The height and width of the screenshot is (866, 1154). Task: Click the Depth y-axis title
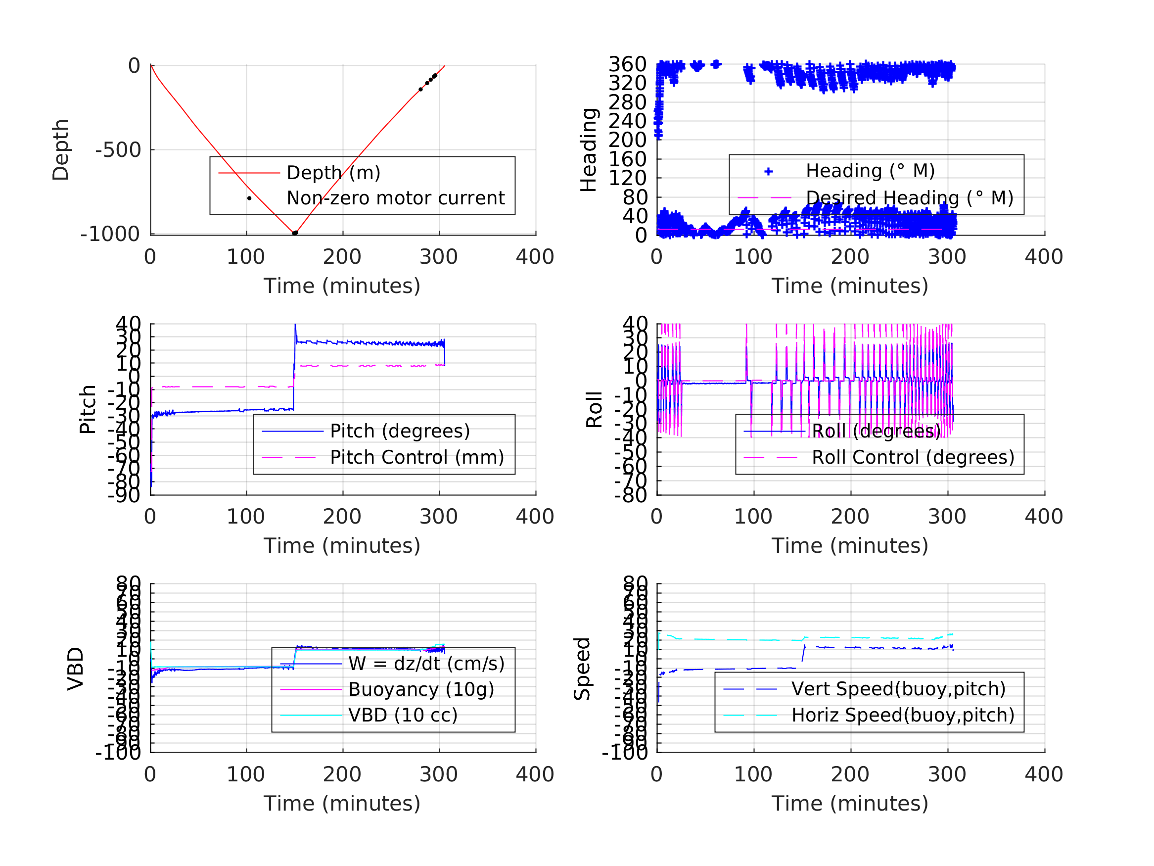(x=60, y=150)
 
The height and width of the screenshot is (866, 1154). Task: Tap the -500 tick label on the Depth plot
(x=118, y=150)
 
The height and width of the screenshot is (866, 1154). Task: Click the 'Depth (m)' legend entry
(x=333, y=173)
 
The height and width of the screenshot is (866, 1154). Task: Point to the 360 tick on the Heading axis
(x=627, y=65)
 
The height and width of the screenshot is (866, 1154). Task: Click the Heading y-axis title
(x=589, y=150)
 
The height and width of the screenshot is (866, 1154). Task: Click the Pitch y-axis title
(x=88, y=410)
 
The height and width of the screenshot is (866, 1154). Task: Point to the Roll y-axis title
(x=594, y=410)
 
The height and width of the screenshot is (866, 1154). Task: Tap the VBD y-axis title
(x=76, y=669)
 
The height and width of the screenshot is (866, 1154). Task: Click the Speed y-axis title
(x=582, y=669)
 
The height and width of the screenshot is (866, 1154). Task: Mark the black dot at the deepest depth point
(x=295, y=234)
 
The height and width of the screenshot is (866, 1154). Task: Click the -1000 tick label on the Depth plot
(x=110, y=235)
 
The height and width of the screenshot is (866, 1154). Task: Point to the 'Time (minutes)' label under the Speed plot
(x=849, y=803)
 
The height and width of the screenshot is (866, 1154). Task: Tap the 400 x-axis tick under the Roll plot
(x=1043, y=517)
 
